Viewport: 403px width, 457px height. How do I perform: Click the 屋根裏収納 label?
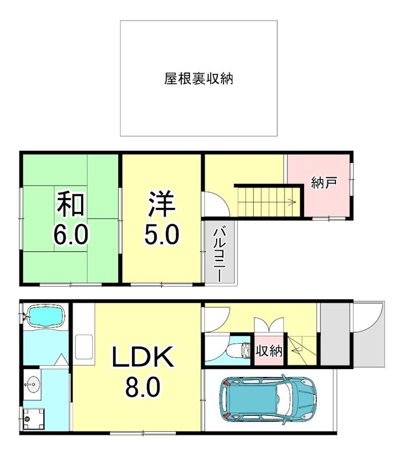[198, 79]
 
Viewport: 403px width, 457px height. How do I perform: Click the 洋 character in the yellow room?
[162, 205]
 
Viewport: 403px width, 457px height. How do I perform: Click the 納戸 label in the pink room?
[324, 183]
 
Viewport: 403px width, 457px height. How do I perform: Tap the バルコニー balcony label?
[219, 253]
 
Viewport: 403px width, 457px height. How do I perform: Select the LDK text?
[142, 359]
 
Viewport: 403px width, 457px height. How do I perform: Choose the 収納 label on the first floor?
[269, 350]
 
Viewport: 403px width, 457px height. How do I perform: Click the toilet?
[239, 349]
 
